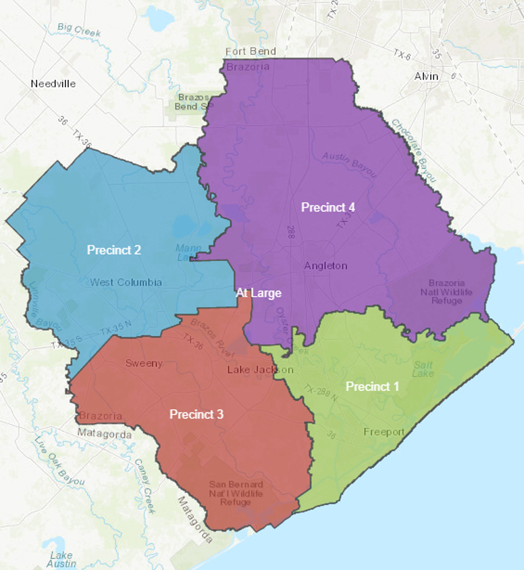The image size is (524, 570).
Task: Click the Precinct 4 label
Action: point(327,208)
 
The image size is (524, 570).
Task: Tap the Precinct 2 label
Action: point(114,250)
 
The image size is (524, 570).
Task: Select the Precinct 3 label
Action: point(196,414)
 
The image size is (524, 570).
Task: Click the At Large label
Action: point(258,293)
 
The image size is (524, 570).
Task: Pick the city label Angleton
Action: point(325,266)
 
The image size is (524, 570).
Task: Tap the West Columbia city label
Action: point(126,282)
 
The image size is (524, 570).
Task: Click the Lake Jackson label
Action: point(260,370)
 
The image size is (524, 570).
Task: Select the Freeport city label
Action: point(384,432)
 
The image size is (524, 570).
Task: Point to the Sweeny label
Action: point(144,363)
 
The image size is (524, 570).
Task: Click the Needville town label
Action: point(53,84)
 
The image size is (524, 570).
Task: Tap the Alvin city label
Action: point(427,76)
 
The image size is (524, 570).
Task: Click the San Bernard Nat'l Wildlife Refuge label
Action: point(236,494)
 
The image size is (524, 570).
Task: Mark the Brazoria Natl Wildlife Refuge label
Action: point(450,291)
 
